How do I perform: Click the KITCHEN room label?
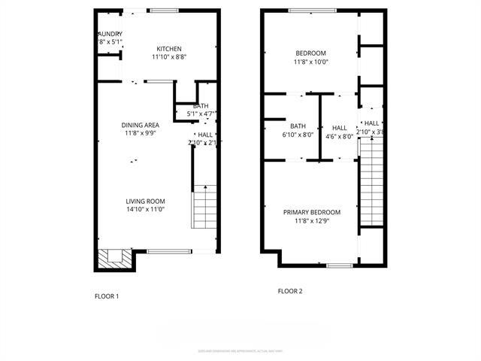pos(168,49)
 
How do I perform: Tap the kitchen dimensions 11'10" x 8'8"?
pos(168,57)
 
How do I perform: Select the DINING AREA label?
pos(141,125)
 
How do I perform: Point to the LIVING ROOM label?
pos(145,201)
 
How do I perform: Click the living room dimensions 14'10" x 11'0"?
pos(145,210)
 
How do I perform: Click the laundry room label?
pos(110,35)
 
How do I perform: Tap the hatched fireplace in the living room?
pos(115,258)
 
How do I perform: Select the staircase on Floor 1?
pos(204,208)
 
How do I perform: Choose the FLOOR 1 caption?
pos(106,296)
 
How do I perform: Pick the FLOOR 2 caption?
pos(289,291)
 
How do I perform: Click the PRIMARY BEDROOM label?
pos(311,212)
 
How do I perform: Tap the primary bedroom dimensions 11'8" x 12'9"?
pos(311,221)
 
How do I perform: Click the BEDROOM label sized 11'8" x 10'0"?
pos(310,53)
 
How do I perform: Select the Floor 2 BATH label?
pos(298,126)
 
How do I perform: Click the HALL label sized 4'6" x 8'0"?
pos(340,128)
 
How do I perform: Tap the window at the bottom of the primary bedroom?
pos(340,265)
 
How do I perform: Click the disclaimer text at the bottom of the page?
pos(240,350)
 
